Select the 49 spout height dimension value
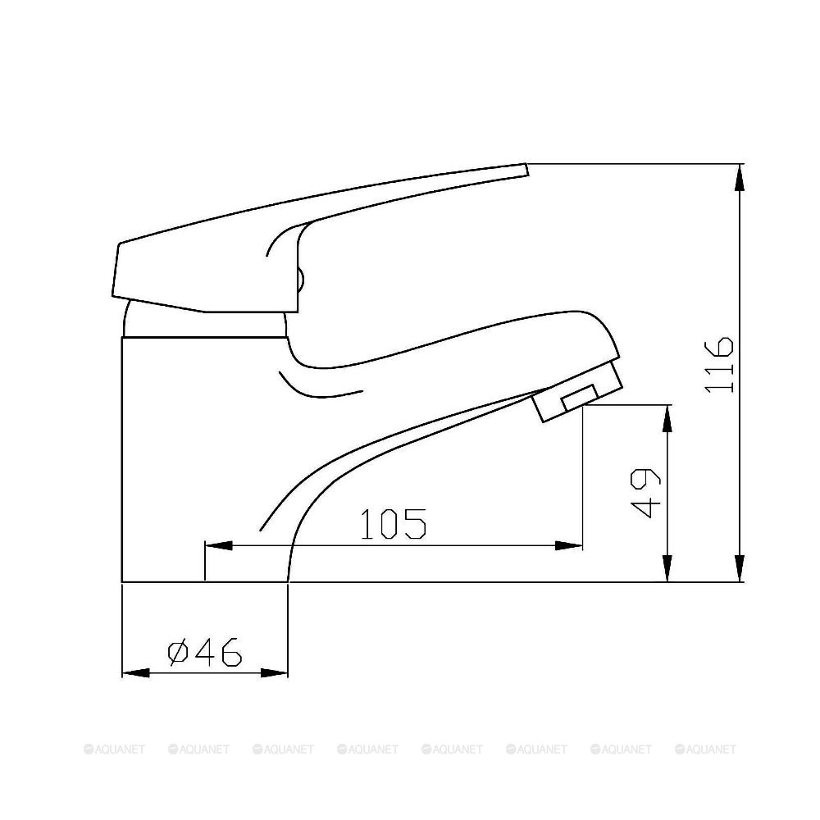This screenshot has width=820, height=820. click(x=645, y=494)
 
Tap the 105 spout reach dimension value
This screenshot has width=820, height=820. click(x=393, y=524)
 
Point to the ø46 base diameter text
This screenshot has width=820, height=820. click(x=205, y=653)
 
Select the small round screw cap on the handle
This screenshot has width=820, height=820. click(x=301, y=280)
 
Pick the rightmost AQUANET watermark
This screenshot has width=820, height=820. click(x=705, y=749)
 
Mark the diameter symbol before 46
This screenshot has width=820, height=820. click(x=178, y=653)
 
